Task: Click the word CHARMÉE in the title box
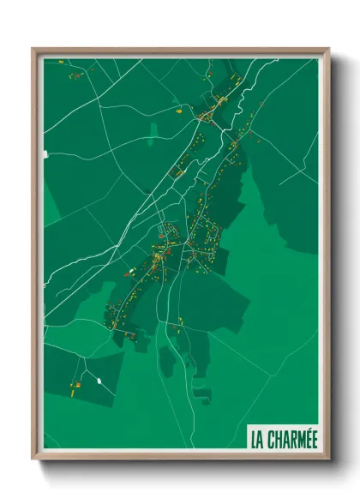(291, 439)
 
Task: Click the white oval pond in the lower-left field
(99, 380)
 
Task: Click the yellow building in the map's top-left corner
(75, 76)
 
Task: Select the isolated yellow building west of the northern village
(177, 111)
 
